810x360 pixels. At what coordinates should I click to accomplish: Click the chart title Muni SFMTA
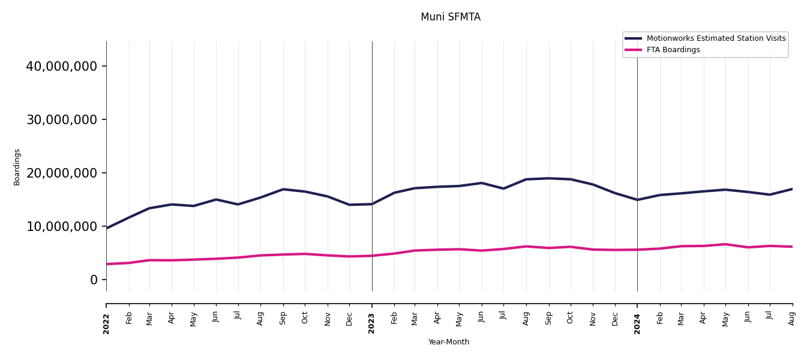point(450,17)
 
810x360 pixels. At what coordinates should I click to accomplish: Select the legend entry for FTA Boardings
point(673,50)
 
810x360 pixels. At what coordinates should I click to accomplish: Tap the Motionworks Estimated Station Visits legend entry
point(715,38)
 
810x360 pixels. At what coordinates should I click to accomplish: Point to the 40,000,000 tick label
point(61,66)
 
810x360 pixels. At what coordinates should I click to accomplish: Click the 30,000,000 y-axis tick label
point(61,119)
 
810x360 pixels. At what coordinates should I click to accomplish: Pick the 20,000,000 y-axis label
point(61,173)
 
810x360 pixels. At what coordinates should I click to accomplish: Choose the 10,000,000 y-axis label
point(61,226)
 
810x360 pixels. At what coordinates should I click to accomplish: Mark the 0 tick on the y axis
point(94,280)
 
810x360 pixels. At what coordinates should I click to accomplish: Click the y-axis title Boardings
point(17,167)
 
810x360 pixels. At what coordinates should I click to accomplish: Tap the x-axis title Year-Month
point(448,342)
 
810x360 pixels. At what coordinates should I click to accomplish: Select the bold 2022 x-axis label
point(107,323)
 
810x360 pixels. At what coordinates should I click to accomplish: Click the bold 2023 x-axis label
point(372,323)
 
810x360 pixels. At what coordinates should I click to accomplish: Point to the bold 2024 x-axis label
point(637,323)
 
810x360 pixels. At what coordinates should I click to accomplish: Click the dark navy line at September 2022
point(283,190)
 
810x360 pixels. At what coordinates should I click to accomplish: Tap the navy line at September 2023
point(548,178)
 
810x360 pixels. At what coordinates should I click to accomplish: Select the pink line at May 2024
point(725,244)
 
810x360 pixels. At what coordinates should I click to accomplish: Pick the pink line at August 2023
point(526,247)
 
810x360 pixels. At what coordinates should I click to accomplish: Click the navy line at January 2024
point(637,200)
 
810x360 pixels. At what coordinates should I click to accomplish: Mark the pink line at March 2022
point(149,260)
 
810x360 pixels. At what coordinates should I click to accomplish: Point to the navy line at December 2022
point(350,205)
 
